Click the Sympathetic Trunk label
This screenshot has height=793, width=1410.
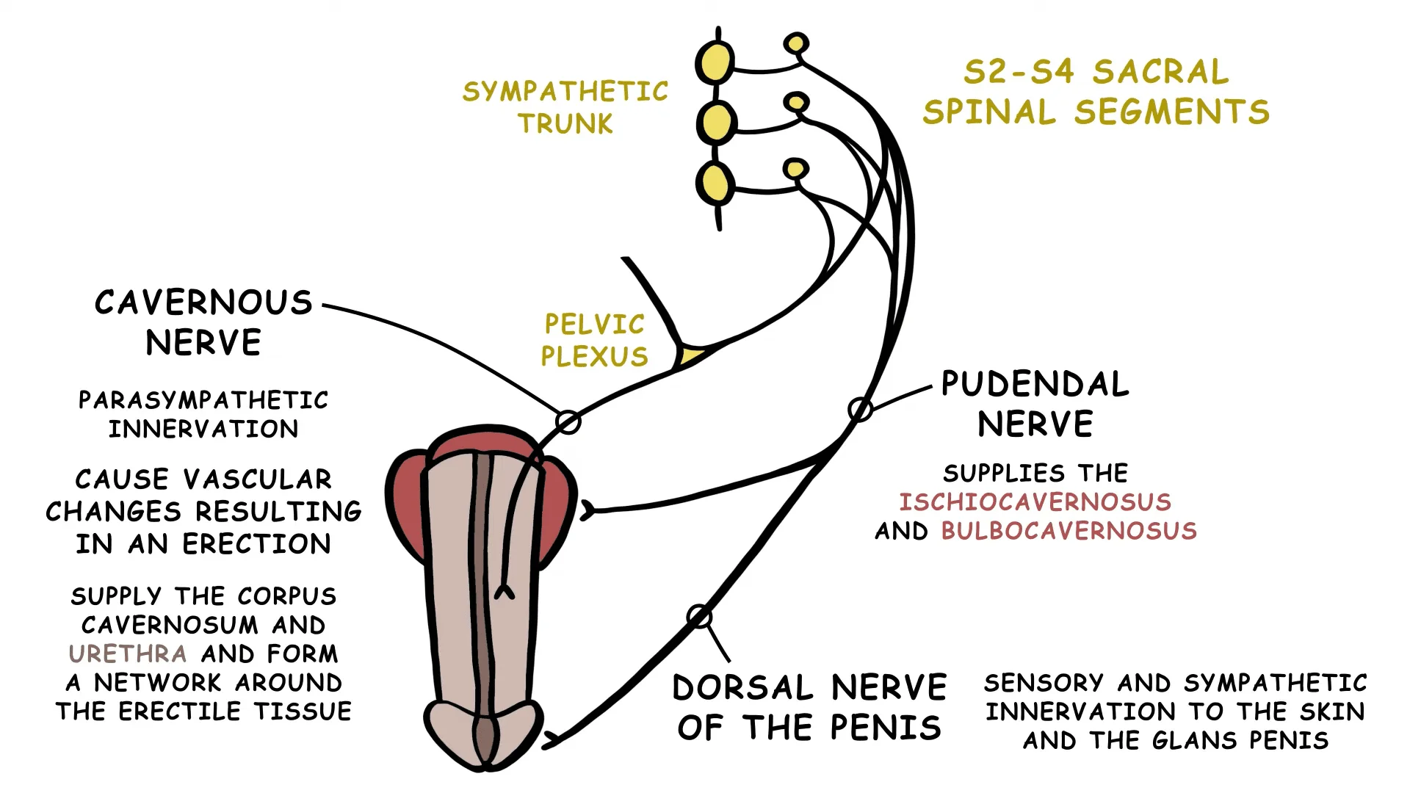[x=565, y=107]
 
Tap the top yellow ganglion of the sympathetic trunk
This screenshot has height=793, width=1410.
[x=715, y=62]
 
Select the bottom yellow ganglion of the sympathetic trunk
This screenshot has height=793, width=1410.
[x=715, y=183]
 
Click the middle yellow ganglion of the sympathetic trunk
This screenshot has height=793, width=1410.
[x=715, y=123]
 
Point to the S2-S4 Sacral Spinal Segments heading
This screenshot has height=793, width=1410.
[x=1096, y=92]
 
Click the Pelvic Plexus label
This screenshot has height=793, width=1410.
[x=594, y=340]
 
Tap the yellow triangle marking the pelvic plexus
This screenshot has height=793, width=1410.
[x=690, y=357]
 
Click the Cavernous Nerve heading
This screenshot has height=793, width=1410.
[x=203, y=322]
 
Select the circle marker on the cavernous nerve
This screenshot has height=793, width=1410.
[x=568, y=422]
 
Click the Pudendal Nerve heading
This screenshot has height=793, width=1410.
[x=1035, y=404]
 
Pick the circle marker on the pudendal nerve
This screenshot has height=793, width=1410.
[x=860, y=409]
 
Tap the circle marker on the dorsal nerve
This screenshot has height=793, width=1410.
[x=699, y=616]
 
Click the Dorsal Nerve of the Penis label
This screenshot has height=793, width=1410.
[x=809, y=707]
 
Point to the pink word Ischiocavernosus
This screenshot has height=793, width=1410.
[x=1035, y=502]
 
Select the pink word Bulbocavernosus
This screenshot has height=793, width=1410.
[x=1069, y=531]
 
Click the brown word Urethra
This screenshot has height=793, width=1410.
[x=127, y=653]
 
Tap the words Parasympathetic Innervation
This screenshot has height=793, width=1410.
[x=203, y=414]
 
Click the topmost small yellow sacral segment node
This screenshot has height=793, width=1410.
[x=796, y=43]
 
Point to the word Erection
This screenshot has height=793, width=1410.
[x=256, y=544]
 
